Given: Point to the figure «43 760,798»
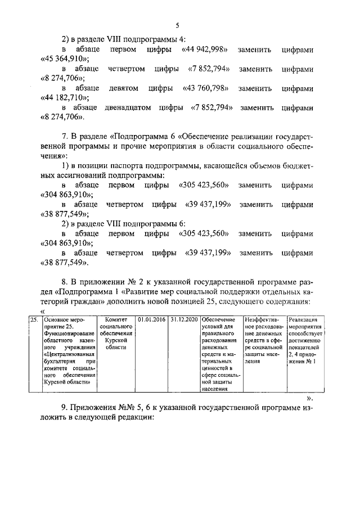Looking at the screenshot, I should coord(205,88).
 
